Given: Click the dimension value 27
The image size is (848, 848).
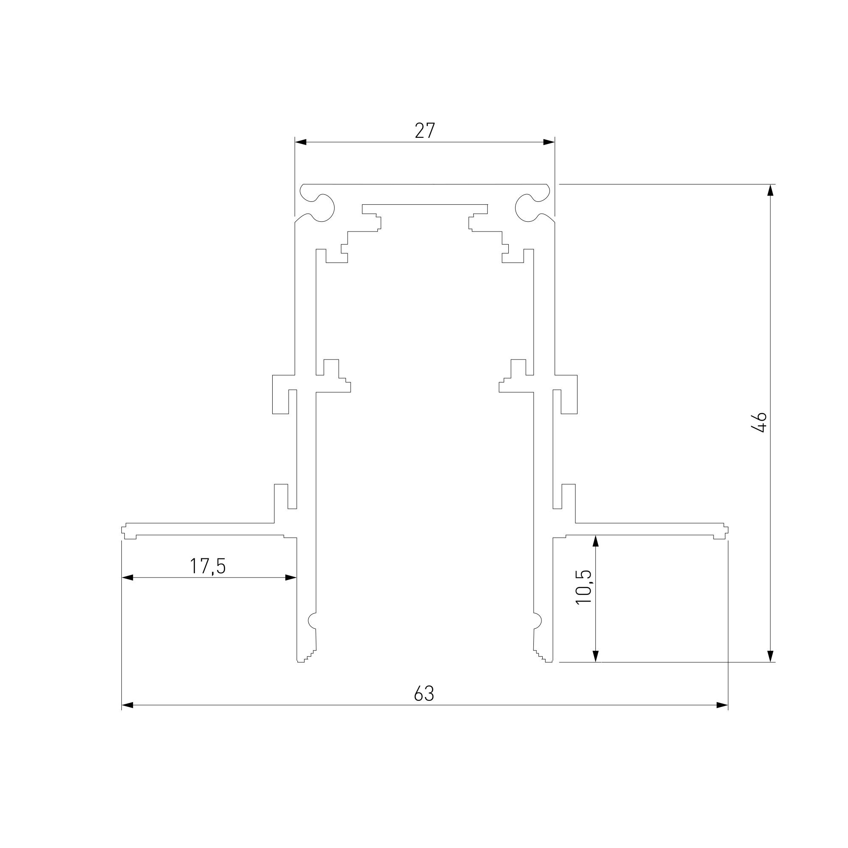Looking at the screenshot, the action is (x=425, y=130).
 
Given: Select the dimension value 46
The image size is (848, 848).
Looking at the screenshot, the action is (x=759, y=422).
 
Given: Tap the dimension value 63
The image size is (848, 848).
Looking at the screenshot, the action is (x=424, y=694).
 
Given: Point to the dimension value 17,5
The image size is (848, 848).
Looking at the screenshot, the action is (x=208, y=566).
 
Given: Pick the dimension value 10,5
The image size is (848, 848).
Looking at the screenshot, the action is (x=584, y=587).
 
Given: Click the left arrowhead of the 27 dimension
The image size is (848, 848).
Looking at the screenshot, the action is (x=301, y=142).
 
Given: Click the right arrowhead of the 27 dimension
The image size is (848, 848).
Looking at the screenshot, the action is (x=549, y=142).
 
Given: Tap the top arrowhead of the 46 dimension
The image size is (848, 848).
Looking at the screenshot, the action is (x=770, y=190).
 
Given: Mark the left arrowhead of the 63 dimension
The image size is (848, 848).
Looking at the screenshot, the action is (x=127, y=706).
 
